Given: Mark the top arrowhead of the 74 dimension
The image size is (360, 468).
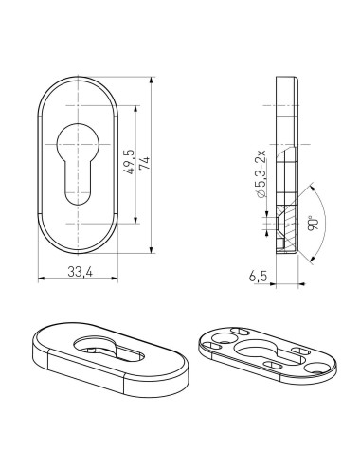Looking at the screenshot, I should tap(153, 79).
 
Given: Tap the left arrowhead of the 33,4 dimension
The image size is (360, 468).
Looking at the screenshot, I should tap(41, 279).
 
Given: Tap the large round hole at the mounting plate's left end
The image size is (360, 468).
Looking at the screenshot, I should tap(224, 338).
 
